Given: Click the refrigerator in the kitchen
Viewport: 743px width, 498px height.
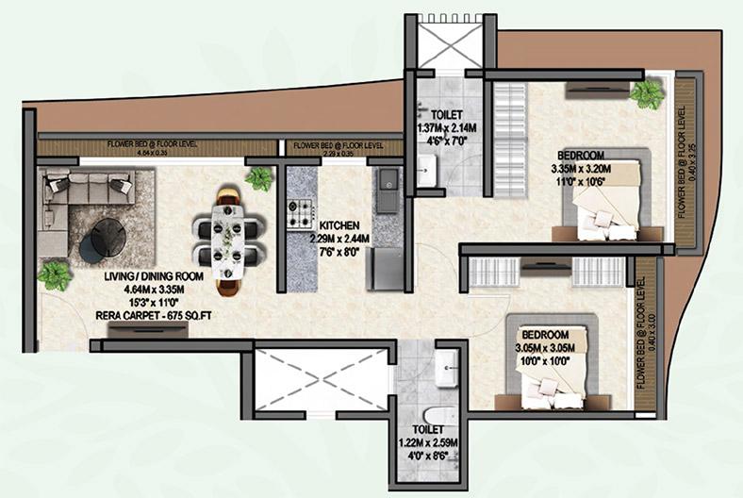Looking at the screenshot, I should (386, 268).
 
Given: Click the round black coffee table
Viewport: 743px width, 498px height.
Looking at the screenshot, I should (105, 236).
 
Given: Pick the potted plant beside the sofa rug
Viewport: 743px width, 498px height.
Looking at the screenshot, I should (55, 275).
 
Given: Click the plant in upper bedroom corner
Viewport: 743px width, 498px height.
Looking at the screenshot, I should (646, 93).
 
